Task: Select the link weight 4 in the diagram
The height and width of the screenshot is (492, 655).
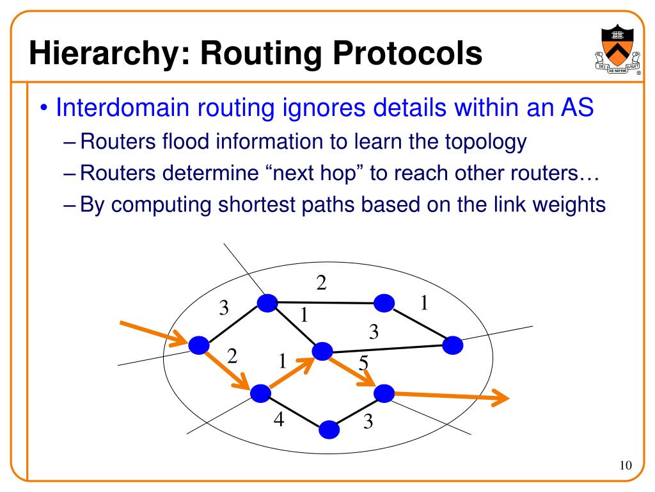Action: [x=279, y=420]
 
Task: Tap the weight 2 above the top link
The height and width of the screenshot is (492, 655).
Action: [x=322, y=282]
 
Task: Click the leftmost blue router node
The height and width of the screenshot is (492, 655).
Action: [x=198, y=346]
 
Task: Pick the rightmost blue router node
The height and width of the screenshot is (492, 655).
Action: [x=453, y=345]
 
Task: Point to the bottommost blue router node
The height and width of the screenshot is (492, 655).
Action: [x=328, y=429]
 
